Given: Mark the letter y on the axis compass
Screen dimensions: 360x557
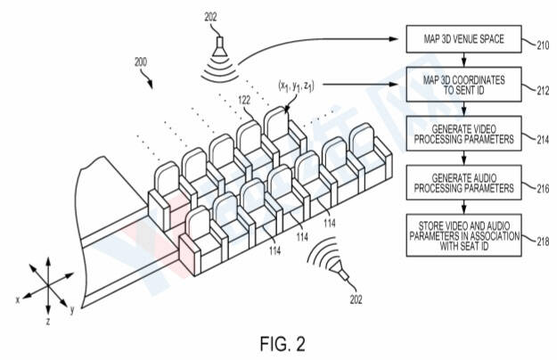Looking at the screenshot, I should pos(70,309).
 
